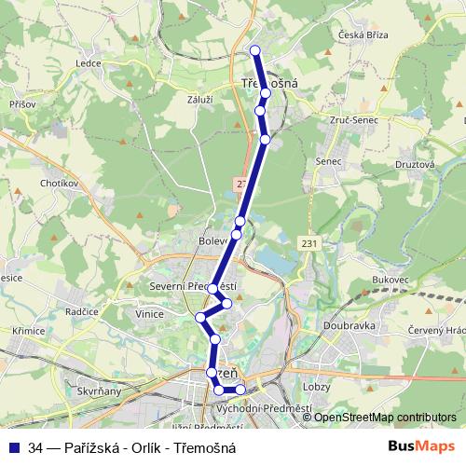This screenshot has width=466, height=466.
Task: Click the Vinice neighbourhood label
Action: pyautogui.click(x=151, y=315)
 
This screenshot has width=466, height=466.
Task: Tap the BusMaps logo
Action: pyautogui.click(x=422, y=446)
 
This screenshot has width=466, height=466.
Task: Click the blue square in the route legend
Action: pyautogui.click(x=14, y=447)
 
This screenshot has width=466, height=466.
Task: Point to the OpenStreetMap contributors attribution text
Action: pyautogui.click(x=384, y=418)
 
